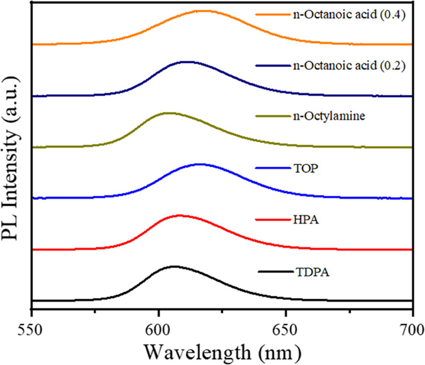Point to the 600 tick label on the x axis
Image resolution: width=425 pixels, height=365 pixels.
159,327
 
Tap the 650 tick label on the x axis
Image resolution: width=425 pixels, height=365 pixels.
286,327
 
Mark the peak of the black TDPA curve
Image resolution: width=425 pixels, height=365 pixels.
173,266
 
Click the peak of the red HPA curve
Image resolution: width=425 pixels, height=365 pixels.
178,215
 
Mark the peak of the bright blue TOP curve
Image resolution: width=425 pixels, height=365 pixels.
199,164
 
